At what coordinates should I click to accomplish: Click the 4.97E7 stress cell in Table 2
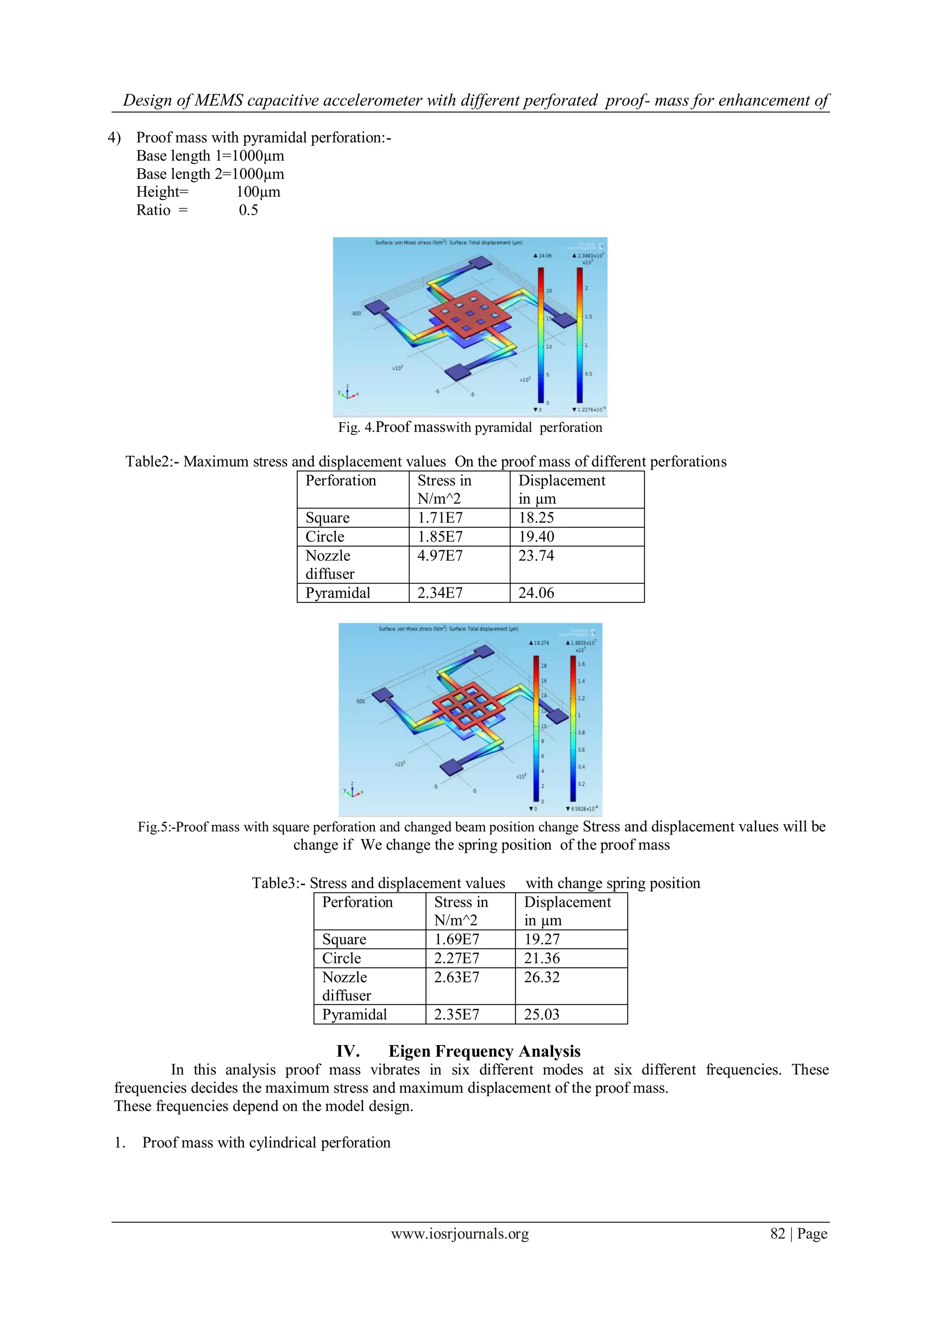click(440, 556)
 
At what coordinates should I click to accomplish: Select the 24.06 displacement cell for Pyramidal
click(536, 593)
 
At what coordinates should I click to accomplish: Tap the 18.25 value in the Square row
click(536, 517)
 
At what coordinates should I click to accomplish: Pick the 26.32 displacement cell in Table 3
click(542, 977)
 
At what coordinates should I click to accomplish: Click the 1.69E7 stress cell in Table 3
click(456, 939)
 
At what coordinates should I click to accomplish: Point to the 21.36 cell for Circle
click(542, 958)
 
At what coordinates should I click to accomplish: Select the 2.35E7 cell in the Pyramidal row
click(456, 1014)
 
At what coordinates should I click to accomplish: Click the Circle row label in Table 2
click(325, 537)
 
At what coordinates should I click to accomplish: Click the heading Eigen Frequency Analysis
click(484, 1051)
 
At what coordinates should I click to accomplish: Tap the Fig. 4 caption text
click(470, 428)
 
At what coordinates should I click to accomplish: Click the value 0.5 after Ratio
click(248, 210)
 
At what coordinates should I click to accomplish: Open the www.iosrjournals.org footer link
click(460, 1234)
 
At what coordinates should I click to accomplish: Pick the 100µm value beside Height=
click(258, 192)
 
